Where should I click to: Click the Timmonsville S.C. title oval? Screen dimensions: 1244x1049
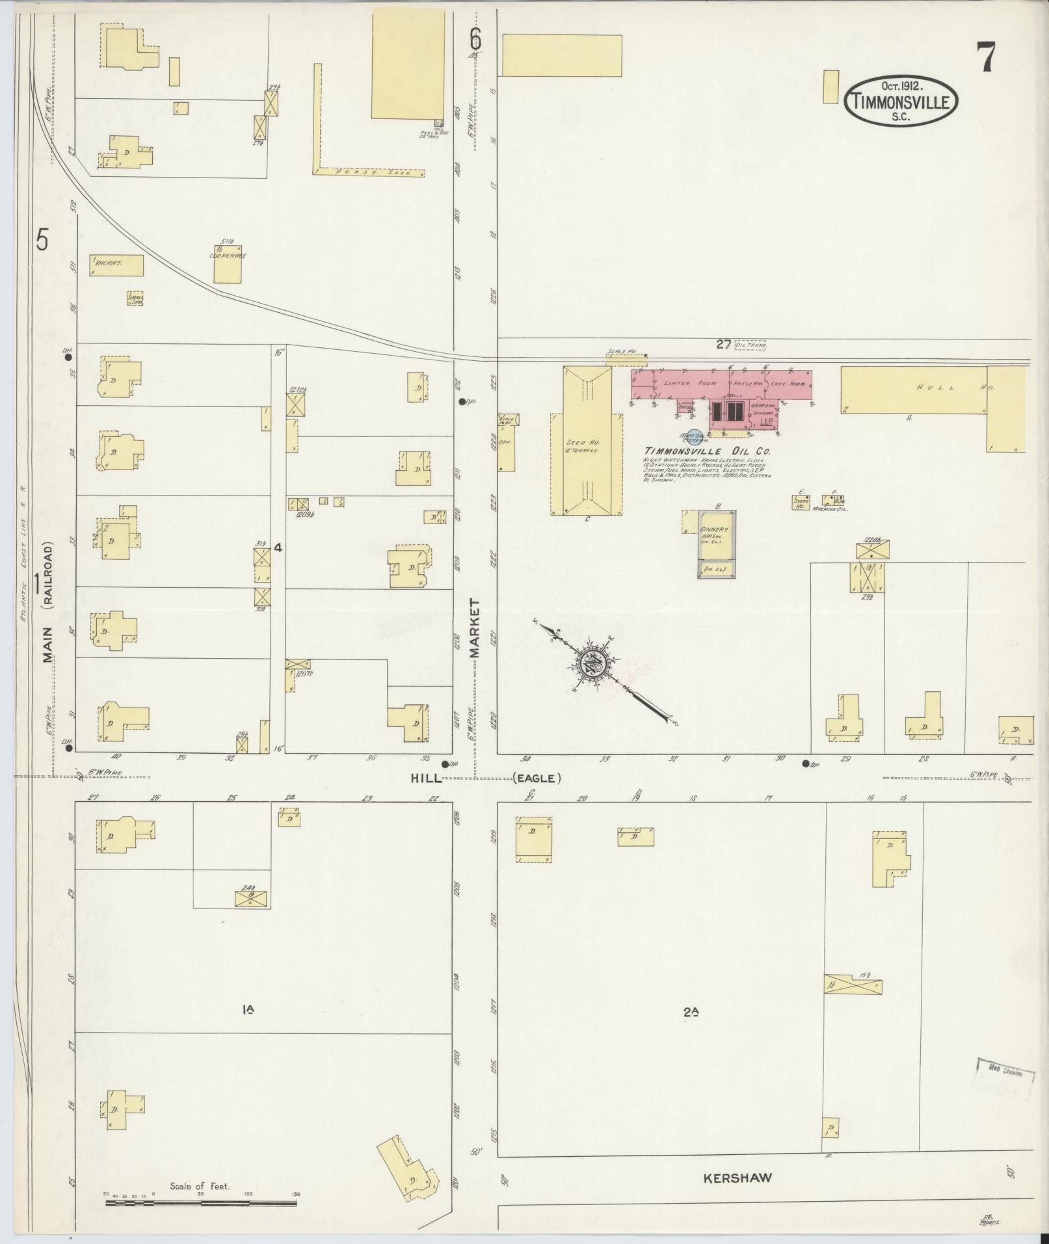901,101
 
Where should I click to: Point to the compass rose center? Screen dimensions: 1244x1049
594,664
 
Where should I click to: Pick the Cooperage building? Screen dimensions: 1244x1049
228,264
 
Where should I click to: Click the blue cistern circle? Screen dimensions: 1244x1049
693,438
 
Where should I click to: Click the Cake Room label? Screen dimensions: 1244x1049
788,384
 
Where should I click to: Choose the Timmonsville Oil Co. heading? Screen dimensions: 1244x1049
704,451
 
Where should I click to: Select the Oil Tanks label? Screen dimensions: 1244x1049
750,345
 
